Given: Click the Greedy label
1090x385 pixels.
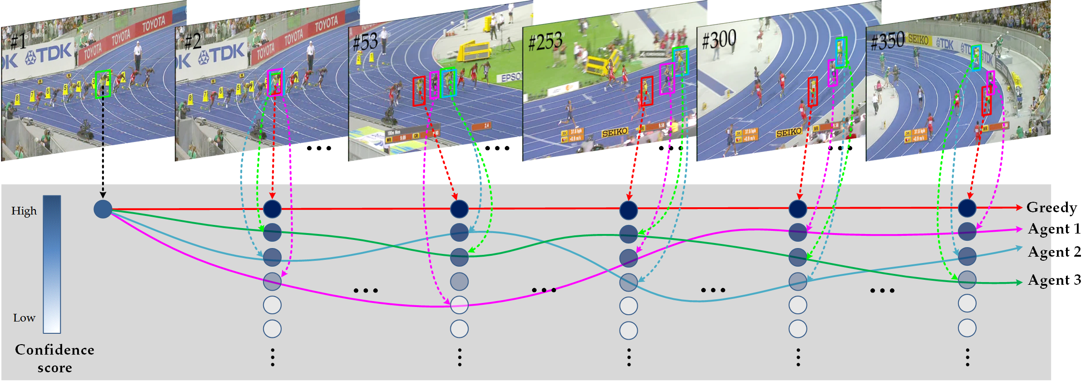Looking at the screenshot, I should click(x=1051, y=208).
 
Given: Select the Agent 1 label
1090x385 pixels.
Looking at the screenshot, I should click(x=1053, y=229).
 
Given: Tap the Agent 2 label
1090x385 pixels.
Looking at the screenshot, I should click(x=1054, y=252).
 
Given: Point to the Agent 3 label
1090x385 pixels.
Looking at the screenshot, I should click(x=1054, y=280).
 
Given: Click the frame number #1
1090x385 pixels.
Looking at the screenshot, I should click(x=18, y=42).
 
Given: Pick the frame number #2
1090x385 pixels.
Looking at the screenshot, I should click(x=192, y=42).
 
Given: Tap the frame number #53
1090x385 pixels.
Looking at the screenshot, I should click(x=366, y=42).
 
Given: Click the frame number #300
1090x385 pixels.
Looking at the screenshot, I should click(x=719, y=40).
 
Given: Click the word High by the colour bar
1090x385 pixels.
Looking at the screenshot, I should click(x=24, y=211).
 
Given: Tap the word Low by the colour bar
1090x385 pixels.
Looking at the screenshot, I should click(x=24, y=318).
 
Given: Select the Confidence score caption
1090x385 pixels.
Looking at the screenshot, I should click(x=54, y=358).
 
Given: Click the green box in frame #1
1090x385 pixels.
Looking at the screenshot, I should click(x=103, y=84).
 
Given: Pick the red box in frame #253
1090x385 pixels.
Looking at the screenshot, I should click(x=646, y=91).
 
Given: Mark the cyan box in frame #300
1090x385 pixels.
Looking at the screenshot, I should click(x=841, y=52).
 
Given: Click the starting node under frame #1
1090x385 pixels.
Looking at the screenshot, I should click(x=103, y=209).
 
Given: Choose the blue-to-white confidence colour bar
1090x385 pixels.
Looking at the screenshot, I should click(x=52, y=264).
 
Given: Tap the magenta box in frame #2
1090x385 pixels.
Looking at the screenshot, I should click(x=275, y=82).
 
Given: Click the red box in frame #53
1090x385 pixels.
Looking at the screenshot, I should click(x=419, y=91).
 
